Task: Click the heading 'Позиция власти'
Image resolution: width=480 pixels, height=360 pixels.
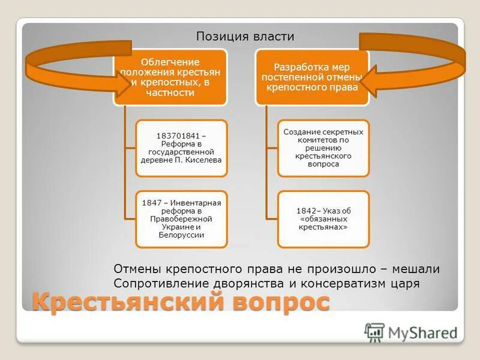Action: [x=245, y=37]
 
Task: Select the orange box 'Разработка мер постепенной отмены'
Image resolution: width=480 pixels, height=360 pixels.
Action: [x=312, y=77]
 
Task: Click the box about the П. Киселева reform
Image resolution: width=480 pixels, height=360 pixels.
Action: [x=182, y=148]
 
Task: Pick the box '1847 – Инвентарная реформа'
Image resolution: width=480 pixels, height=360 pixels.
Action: [x=182, y=219]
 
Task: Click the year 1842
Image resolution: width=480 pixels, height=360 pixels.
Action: [x=308, y=211]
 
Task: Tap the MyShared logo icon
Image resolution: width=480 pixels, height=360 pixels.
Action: [x=374, y=332]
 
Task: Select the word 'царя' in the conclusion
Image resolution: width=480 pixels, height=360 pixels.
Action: [x=405, y=283]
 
